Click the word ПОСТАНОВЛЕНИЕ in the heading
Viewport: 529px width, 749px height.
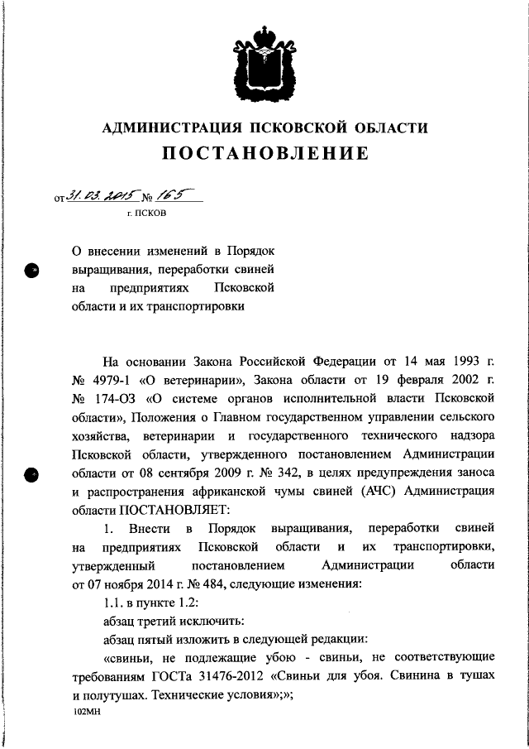(x=264, y=155)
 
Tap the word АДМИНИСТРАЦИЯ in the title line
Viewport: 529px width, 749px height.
(x=169, y=127)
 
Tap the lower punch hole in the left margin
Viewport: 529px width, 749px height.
(x=32, y=475)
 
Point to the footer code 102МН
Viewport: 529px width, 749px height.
(x=87, y=713)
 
